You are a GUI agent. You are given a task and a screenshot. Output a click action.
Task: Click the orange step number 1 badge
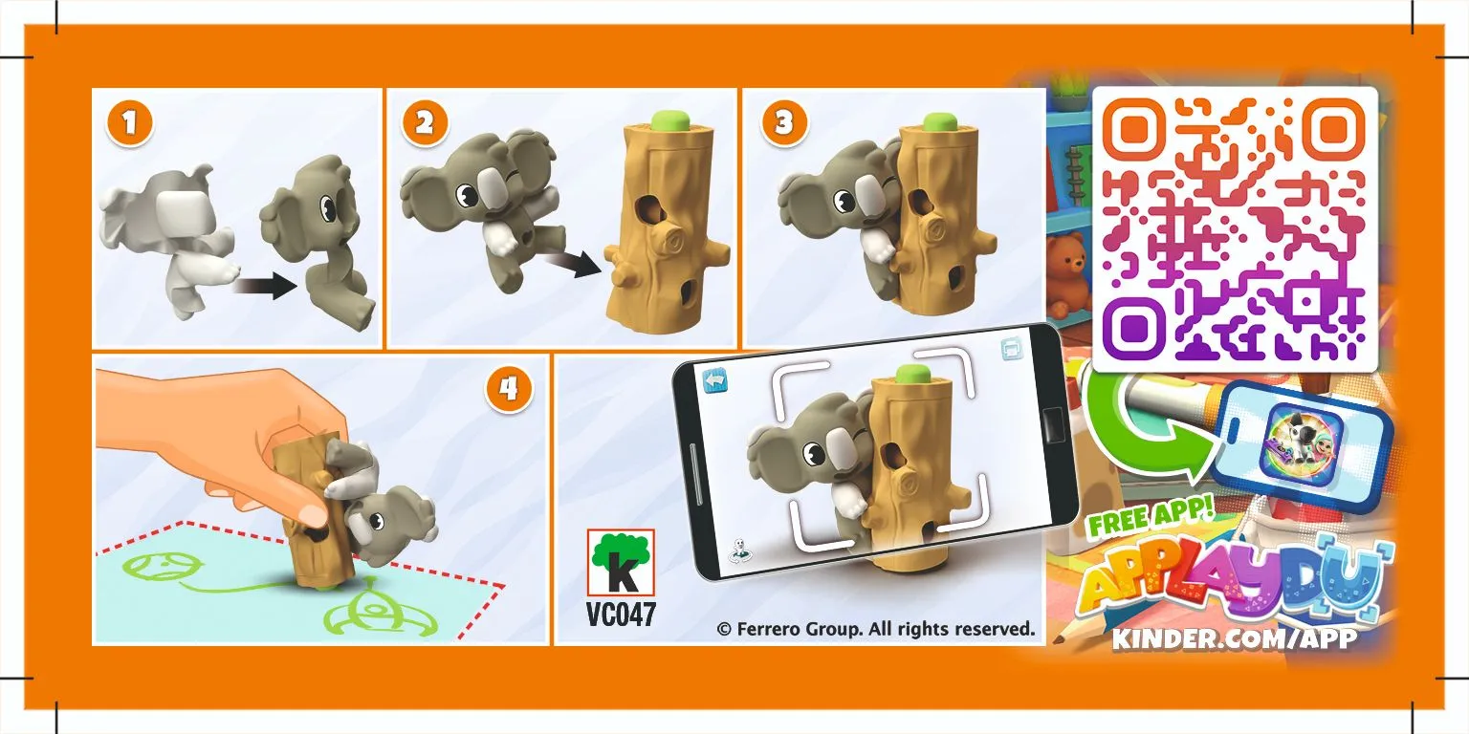[x=130, y=122]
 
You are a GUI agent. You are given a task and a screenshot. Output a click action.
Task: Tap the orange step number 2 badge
[x=425, y=122]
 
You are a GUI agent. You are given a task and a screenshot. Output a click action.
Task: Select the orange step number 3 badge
[x=784, y=122]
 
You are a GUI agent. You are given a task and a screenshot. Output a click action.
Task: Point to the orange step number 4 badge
[x=509, y=389]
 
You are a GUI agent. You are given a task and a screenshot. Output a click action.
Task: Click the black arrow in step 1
[x=266, y=285]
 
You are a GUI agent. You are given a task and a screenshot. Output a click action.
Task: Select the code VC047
[x=621, y=615]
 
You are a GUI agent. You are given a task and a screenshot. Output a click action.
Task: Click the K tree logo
[x=621, y=562]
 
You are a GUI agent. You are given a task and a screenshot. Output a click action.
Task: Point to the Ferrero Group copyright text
[x=875, y=629]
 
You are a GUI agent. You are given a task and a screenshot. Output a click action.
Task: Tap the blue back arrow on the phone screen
[x=715, y=380]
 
